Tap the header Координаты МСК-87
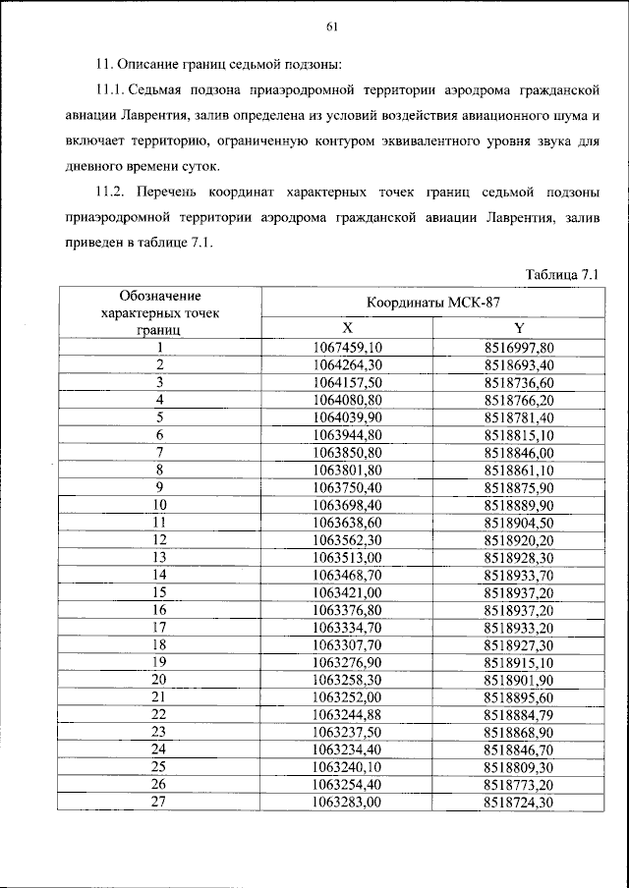pyautogui.click(x=433, y=303)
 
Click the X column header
pyautogui.click(x=347, y=328)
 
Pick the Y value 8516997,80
pyautogui.click(x=519, y=347)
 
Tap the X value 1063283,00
pyautogui.click(x=347, y=802)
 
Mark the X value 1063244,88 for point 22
pyautogui.click(x=347, y=714)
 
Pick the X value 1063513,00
pyautogui.click(x=347, y=556)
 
